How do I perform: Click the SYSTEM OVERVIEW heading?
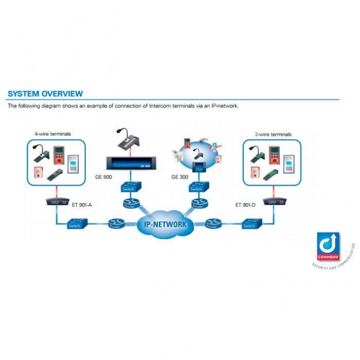point(45,94)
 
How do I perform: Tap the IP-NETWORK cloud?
point(165,224)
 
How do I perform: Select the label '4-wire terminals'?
point(52,134)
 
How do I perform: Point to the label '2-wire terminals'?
point(274,134)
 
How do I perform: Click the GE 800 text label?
point(104,176)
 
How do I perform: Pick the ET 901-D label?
point(245,205)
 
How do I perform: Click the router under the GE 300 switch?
point(197,204)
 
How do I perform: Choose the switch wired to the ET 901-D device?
point(249,225)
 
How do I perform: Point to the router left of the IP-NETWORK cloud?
point(115,224)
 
